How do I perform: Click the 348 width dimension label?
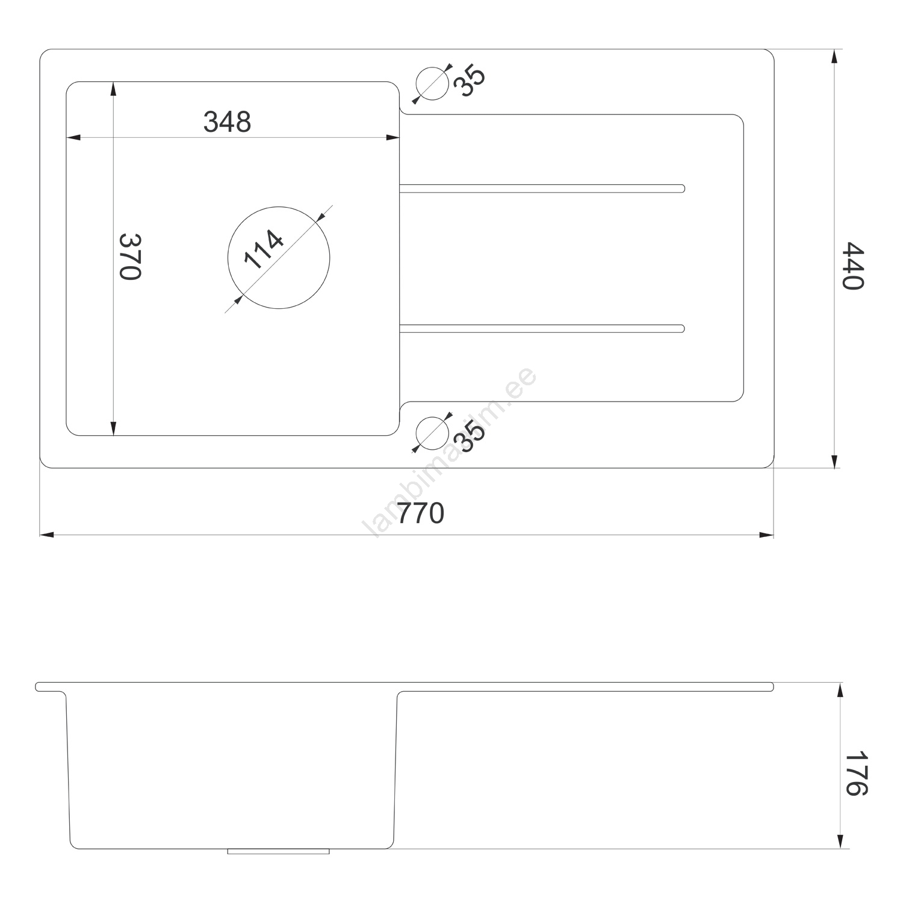[x=227, y=122]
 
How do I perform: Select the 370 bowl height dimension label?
[x=130, y=256]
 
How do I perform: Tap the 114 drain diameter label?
[x=264, y=249]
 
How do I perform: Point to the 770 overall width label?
[x=421, y=514]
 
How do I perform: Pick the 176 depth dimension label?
[x=855, y=773]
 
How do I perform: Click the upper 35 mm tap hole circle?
[x=432, y=82]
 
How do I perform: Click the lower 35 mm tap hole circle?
[x=432, y=432]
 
